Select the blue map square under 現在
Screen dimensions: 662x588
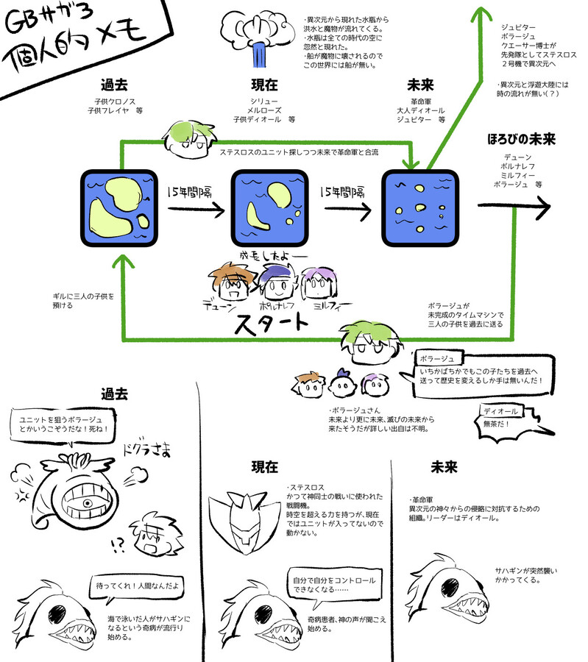[x=268, y=209]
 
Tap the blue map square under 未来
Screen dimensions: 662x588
[x=419, y=209]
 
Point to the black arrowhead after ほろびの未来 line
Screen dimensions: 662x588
[x=541, y=208]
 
